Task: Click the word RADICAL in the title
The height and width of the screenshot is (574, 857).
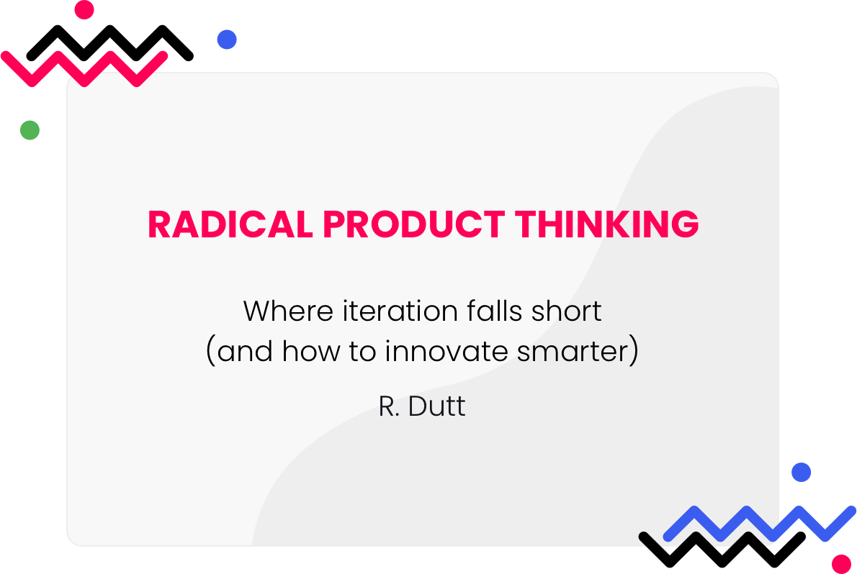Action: pyautogui.click(x=230, y=224)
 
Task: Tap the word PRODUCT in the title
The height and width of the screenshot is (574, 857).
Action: pyautogui.click(x=414, y=224)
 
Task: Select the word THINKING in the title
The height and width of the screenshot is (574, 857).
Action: pyautogui.click(x=606, y=224)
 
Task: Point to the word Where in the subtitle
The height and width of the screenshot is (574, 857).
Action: pyautogui.click(x=288, y=311)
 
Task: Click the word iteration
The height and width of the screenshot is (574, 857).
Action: pyautogui.click(x=400, y=311)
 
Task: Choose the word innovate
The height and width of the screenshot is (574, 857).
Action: pyautogui.click(x=446, y=350)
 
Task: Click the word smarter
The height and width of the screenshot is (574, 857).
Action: pyautogui.click(x=573, y=352)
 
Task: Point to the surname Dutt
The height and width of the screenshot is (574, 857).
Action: pyautogui.click(x=436, y=406)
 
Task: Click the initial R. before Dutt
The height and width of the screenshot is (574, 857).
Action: pyautogui.click(x=389, y=406)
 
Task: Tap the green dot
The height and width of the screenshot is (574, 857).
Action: pyautogui.click(x=30, y=130)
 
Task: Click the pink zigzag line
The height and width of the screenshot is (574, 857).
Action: pyautogui.click(x=84, y=69)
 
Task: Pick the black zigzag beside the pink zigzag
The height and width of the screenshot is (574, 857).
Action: pyautogui.click(x=110, y=43)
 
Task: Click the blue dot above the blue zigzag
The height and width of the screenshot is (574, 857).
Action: pyautogui.click(x=802, y=472)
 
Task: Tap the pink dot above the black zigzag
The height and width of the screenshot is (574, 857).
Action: pyautogui.click(x=84, y=9)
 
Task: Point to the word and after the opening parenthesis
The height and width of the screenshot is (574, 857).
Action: pyautogui.click(x=245, y=350)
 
